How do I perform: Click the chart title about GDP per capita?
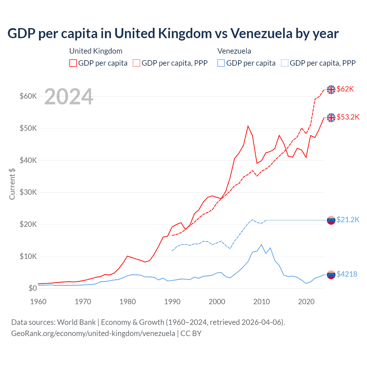[x=173, y=34]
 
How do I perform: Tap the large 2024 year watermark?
[x=69, y=97]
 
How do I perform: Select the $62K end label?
[x=345, y=89]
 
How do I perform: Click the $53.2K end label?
[x=348, y=117]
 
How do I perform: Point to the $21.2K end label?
[x=348, y=220]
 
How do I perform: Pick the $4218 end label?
[x=347, y=274]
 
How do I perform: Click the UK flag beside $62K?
[x=331, y=89]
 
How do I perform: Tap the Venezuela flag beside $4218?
[x=331, y=275]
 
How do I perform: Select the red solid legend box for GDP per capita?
[x=73, y=63]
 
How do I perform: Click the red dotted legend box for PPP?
[x=136, y=63]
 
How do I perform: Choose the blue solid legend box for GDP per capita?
[x=221, y=63]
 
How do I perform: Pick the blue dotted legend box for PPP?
[x=285, y=63]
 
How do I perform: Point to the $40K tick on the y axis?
[x=28, y=160]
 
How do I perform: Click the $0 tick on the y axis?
[x=33, y=288]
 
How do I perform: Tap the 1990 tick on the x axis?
[x=172, y=302]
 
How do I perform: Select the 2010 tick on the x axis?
[x=261, y=302]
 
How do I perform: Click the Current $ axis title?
[x=12, y=184]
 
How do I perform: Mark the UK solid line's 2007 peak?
[x=248, y=126]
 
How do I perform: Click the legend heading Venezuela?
[x=234, y=51]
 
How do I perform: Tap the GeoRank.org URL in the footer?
[x=93, y=333]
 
